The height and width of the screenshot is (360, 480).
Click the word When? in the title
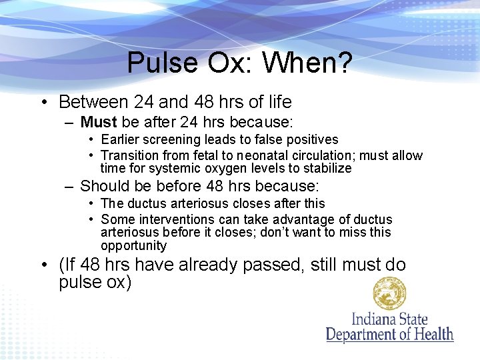307,63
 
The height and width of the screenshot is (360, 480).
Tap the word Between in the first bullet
94,102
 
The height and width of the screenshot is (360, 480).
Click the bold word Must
99,123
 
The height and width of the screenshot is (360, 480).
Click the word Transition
131,155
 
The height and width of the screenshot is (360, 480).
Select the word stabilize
325,169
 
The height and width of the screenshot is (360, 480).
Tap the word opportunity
133,245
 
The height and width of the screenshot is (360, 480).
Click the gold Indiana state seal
390,294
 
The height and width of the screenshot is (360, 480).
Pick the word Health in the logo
430,334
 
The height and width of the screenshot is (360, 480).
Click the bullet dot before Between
43,103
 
